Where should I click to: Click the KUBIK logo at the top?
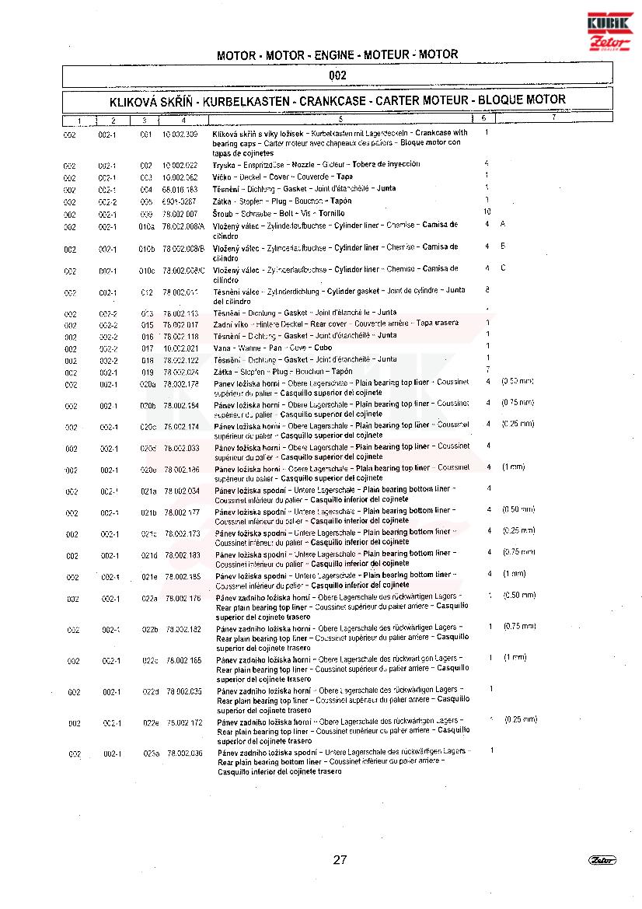[610, 23]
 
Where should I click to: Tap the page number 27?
[340, 859]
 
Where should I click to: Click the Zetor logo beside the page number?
[602, 859]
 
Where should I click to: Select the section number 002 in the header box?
[337, 76]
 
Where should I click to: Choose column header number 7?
[553, 118]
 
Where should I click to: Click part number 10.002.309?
[180, 135]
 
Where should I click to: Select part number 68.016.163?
[180, 189]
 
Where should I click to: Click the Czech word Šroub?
[223, 213]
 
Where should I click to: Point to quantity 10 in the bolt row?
[487, 212]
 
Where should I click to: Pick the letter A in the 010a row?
[503, 224]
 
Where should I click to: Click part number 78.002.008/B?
[183, 249]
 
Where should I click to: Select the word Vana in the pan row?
[222, 348]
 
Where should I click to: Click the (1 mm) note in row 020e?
[513, 467]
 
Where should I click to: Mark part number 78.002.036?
[184, 753]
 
